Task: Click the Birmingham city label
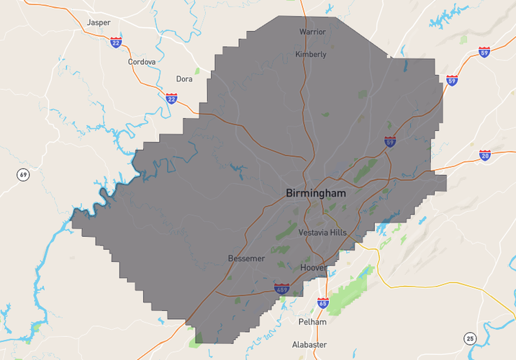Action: tap(316, 193)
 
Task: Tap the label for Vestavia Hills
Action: tap(322, 233)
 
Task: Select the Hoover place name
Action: tap(313, 267)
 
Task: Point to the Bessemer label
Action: tap(246, 258)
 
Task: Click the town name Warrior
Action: tap(312, 32)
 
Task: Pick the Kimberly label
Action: tap(311, 54)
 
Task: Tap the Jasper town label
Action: tap(99, 22)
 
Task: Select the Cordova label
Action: tap(142, 62)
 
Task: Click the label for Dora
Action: tap(184, 79)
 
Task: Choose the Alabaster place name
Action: tap(309, 344)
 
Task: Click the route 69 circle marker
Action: tap(24, 175)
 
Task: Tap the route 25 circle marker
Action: tap(470, 338)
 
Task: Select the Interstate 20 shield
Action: tap(485, 155)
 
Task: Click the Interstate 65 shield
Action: tap(323, 304)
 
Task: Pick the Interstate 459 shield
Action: tap(282, 289)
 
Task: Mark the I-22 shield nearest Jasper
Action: tap(117, 42)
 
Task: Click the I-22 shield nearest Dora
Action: tap(171, 98)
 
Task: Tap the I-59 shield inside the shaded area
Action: tap(390, 142)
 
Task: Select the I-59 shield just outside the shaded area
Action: tap(452, 80)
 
